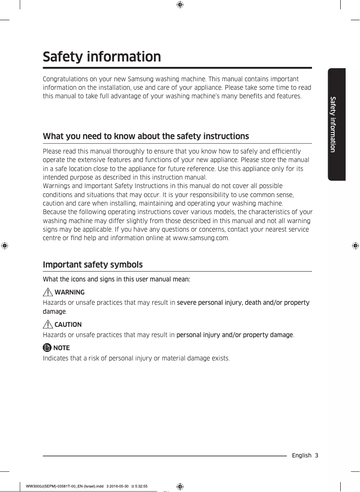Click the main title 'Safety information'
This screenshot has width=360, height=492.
[101, 57]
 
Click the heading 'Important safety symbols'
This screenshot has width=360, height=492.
[92, 265]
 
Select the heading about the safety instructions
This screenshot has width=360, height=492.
[145, 136]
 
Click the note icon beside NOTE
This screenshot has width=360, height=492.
[47, 347]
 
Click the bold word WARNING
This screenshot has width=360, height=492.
[69, 293]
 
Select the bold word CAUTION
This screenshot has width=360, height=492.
[68, 325]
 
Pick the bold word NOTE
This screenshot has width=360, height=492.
[61, 348]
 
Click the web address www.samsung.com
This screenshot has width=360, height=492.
[201, 238]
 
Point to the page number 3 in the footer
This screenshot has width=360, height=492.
[316, 455]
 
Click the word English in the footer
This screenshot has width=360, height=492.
[301, 455]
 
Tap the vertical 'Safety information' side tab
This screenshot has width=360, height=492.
[333, 124]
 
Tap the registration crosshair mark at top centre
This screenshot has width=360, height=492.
[180, 5]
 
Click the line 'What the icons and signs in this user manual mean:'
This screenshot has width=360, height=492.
[116, 279]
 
